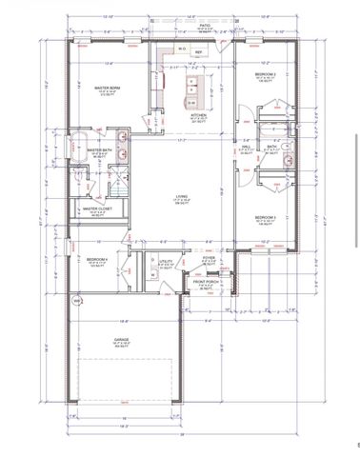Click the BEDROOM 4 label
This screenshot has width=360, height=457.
97,260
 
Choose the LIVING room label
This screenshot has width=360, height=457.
180,198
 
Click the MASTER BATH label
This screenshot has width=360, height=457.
100,150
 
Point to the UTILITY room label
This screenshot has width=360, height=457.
165,261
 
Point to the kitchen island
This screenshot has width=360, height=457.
190,90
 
